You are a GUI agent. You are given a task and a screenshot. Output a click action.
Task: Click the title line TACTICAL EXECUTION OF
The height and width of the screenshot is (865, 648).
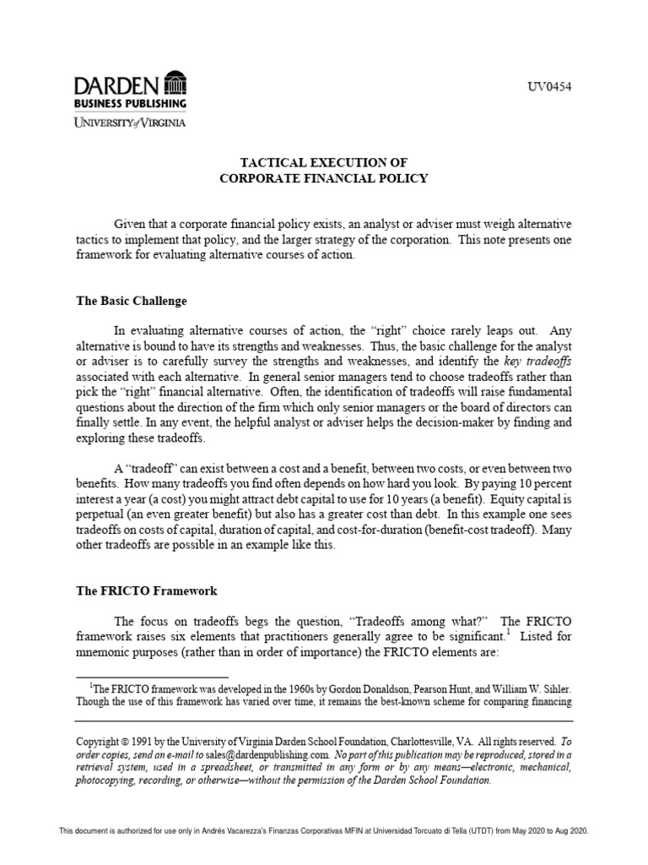(x=325, y=161)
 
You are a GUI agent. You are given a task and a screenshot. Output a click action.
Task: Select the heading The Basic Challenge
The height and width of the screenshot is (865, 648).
(x=131, y=301)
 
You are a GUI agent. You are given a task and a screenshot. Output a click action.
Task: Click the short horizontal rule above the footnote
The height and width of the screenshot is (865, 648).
(x=152, y=677)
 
